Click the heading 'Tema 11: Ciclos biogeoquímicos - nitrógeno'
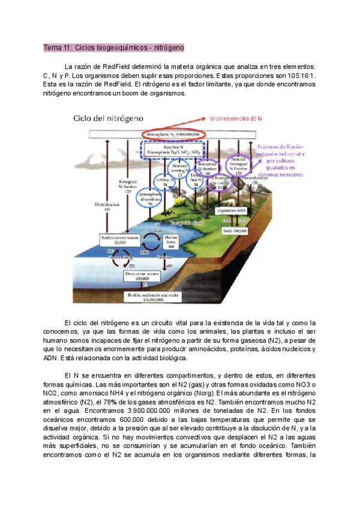[113, 47]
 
